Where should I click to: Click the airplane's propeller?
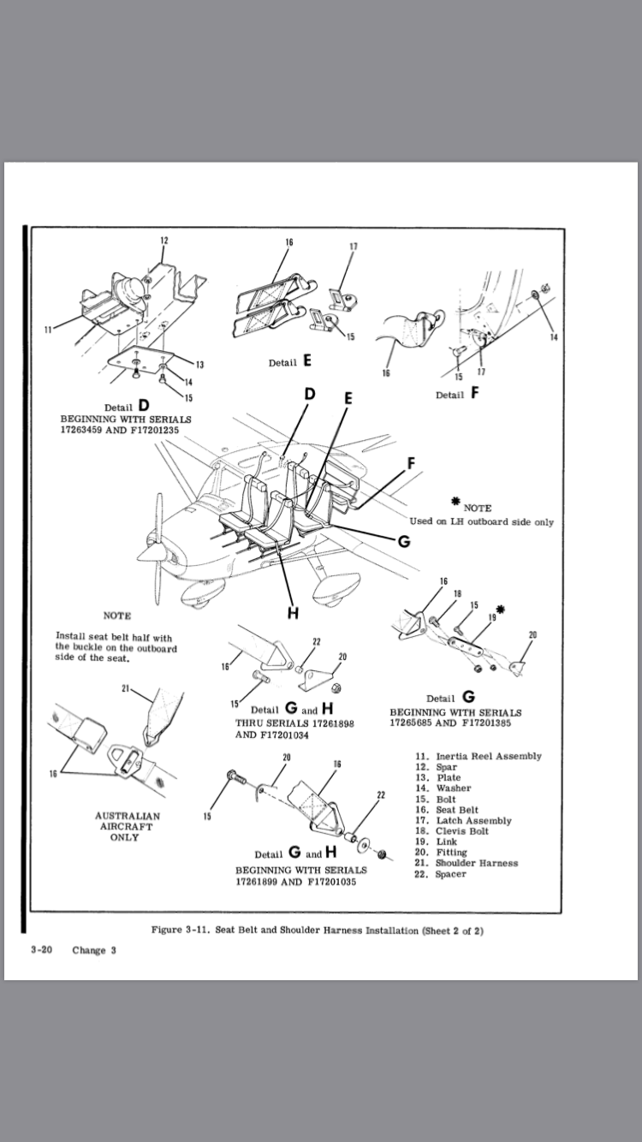point(156,549)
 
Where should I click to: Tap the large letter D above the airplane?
point(311,394)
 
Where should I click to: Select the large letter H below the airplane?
point(292,614)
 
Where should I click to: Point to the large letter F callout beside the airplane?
point(412,463)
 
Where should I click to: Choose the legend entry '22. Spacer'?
point(441,874)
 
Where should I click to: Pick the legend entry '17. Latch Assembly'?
point(463,820)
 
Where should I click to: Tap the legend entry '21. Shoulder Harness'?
point(467,863)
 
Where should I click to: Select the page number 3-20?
point(42,950)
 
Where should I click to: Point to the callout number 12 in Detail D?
point(164,240)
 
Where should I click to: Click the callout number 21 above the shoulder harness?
point(126,688)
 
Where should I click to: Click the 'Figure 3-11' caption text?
point(317,931)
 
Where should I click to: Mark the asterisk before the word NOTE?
point(456,503)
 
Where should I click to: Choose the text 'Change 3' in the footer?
point(94,950)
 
